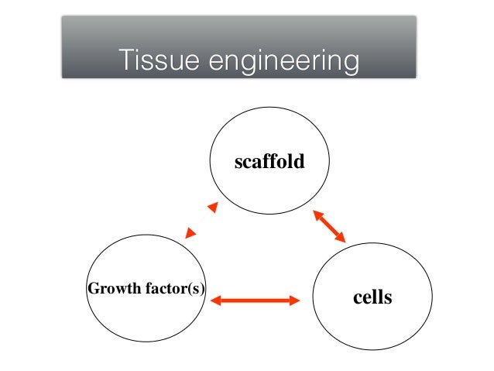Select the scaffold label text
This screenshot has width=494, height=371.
[x=269, y=163]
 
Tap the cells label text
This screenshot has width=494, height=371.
[x=372, y=297]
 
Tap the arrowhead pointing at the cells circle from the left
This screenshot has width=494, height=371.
[x=294, y=300]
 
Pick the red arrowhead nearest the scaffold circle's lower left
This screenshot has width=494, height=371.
[x=211, y=208]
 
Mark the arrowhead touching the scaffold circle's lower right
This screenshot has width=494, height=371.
[x=317, y=215]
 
